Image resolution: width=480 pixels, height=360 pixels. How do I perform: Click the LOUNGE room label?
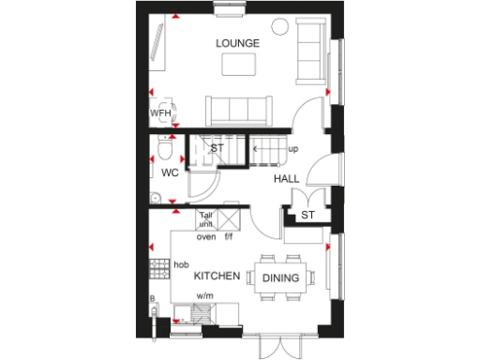click(237, 43)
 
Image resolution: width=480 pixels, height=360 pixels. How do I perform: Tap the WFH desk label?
click(159, 113)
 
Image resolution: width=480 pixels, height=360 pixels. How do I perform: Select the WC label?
click(170, 173)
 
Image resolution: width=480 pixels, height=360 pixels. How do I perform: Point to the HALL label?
click(287, 178)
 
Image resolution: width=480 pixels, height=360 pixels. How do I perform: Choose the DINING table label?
click(280, 278)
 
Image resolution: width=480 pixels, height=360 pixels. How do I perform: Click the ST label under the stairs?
click(217, 149)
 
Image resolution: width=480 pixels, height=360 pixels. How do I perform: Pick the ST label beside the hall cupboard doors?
click(307, 217)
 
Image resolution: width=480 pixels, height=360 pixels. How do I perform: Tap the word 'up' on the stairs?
click(293, 149)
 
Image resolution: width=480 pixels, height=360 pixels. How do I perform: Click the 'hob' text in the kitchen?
click(181, 264)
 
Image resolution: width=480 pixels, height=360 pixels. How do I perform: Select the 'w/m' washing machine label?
click(203, 295)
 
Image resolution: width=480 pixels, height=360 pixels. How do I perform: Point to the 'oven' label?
click(205, 236)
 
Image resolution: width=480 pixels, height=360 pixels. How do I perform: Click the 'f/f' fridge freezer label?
click(228, 236)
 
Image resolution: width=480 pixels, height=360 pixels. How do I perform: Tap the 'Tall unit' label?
click(206, 219)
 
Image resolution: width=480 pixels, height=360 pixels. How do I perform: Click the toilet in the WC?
click(166, 148)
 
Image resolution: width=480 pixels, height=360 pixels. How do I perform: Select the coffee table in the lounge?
click(239, 64)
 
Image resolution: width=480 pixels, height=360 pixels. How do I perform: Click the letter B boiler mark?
click(152, 299)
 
